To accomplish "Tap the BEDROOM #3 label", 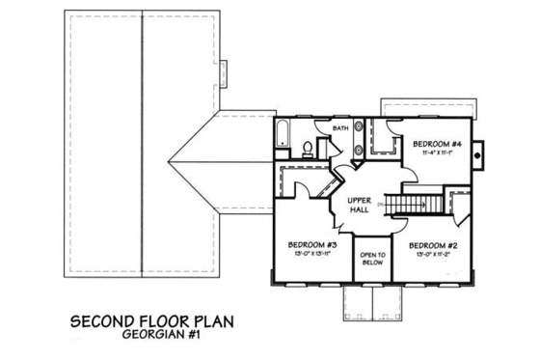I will tap(311, 245).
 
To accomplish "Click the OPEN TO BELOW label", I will tap(373, 258).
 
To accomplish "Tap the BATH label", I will tap(339, 127).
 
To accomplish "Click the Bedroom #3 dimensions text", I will tap(311, 256).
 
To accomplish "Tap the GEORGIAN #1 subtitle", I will tap(155, 338).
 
